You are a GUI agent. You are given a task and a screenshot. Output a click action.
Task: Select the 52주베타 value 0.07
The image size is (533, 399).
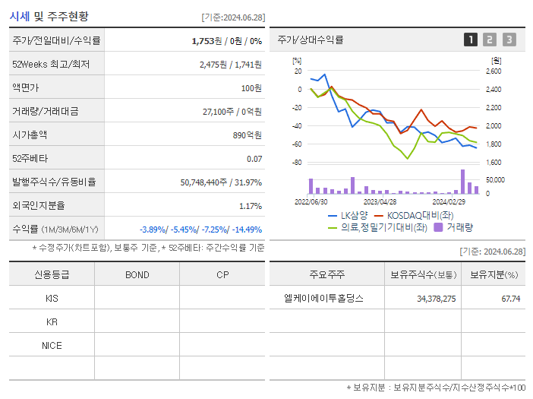point(254,158)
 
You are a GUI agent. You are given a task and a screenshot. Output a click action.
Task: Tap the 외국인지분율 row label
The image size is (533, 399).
point(39,205)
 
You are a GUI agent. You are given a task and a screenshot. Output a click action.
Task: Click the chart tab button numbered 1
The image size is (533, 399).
point(471,40)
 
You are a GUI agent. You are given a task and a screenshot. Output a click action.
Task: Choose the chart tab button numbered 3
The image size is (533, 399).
point(509,40)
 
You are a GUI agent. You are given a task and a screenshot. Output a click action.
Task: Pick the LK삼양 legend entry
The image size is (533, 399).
point(348,215)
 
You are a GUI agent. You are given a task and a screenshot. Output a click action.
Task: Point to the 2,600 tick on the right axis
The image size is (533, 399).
point(494,71)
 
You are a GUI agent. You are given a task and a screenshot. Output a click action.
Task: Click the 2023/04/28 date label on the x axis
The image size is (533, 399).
point(380,202)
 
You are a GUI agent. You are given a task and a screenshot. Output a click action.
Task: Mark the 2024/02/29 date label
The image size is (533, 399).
point(449,202)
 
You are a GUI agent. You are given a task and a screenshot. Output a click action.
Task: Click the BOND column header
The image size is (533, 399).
point(137,274)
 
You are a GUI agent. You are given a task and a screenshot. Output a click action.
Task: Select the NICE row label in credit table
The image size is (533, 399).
point(52,345)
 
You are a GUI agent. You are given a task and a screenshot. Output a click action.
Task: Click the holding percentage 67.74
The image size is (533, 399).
point(510,299)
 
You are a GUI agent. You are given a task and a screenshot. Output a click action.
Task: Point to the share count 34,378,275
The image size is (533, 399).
point(437,299)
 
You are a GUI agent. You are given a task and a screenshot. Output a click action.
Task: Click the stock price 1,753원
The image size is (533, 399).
point(207,40)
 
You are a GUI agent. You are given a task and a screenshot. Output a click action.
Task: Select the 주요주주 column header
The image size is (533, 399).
point(326,274)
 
